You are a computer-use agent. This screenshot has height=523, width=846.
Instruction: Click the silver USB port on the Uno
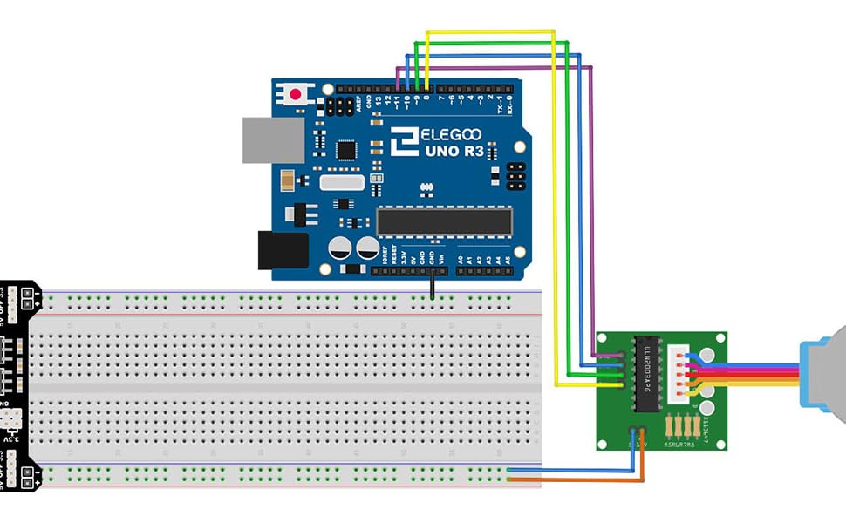(273, 140)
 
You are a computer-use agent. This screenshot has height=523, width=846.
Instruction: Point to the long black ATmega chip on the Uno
(444, 221)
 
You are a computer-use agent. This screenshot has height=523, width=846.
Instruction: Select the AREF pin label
(360, 104)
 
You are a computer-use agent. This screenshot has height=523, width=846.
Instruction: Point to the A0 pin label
(460, 258)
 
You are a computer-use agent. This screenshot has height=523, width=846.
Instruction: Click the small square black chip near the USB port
(347, 150)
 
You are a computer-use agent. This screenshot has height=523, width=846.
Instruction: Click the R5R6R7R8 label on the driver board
(680, 443)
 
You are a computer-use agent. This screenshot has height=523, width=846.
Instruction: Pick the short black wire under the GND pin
(431, 285)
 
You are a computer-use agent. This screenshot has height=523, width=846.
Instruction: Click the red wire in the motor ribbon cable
(750, 374)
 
